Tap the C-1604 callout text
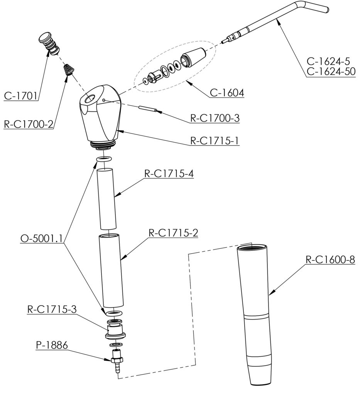tap(227, 93)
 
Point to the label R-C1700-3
tap(215, 118)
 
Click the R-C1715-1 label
tap(215, 140)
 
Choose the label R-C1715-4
tap(169, 174)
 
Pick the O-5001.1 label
tap(42, 238)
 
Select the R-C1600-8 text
tap(330, 259)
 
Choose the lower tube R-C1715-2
tap(111, 270)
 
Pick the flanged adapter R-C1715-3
tap(114, 330)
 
